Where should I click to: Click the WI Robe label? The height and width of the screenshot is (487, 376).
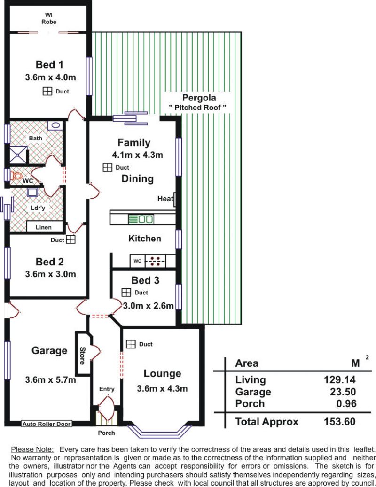pyautogui.click(x=49, y=18)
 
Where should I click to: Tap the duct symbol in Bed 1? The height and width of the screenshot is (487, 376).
pyautogui.click(x=47, y=91)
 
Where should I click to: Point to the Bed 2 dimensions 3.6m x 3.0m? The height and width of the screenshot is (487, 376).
pyautogui.click(x=50, y=274)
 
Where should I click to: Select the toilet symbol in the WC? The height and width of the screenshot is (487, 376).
pyautogui.click(x=16, y=176)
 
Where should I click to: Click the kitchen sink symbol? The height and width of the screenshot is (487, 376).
pyautogui.click(x=141, y=219)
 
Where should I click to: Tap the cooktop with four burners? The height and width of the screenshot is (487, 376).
pyautogui.click(x=156, y=261)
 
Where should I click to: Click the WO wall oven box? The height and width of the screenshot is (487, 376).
pyautogui.click(x=137, y=261)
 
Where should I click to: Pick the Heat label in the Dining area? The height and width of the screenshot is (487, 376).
pyautogui.click(x=165, y=199)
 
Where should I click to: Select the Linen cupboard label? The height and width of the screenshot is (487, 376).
pyautogui.click(x=44, y=227)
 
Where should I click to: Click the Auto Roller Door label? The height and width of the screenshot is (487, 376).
pyautogui.click(x=47, y=424)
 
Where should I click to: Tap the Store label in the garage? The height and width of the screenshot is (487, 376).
pyautogui.click(x=82, y=356)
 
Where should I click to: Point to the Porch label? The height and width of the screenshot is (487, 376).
pyautogui.click(x=106, y=433)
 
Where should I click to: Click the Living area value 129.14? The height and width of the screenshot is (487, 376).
pyautogui.click(x=340, y=379)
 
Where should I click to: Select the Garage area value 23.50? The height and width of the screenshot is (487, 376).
pyautogui.click(x=343, y=392)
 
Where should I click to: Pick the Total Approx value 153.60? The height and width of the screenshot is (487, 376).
pyautogui.click(x=340, y=421)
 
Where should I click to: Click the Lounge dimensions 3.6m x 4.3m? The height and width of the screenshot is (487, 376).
pyautogui.click(x=162, y=388)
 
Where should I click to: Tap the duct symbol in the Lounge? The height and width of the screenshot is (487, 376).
pyautogui.click(x=131, y=344)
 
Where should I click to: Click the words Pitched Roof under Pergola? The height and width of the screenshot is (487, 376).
pyautogui.click(x=197, y=108)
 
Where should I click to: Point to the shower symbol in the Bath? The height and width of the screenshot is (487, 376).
pyautogui.click(x=18, y=155)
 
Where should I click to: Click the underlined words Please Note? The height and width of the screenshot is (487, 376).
pyautogui.click(x=32, y=449)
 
